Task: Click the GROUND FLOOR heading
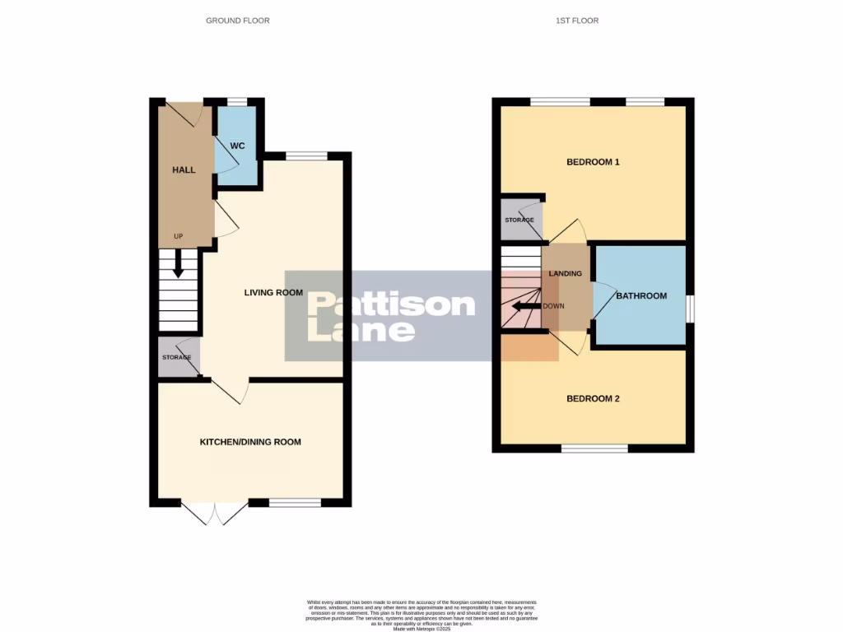pos(237,21)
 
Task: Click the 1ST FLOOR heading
pos(576,21)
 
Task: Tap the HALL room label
pos(184,170)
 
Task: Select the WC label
pos(237,146)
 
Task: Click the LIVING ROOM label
pos(273,292)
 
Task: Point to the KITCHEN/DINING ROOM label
pos(250,442)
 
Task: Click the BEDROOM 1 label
pos(593,162)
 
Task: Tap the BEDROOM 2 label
pos(593,399)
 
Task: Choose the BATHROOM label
pos(641,296)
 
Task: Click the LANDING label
pos(566,274)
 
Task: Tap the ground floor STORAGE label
pos(176,357)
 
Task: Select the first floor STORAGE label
pos(519,221)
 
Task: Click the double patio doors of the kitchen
pos(214,512)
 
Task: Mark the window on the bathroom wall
pos(690,307)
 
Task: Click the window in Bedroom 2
pos(594,448)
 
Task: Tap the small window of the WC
pos(237,102)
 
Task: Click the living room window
pos(306,156)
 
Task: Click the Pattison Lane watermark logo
pos(391,316)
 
